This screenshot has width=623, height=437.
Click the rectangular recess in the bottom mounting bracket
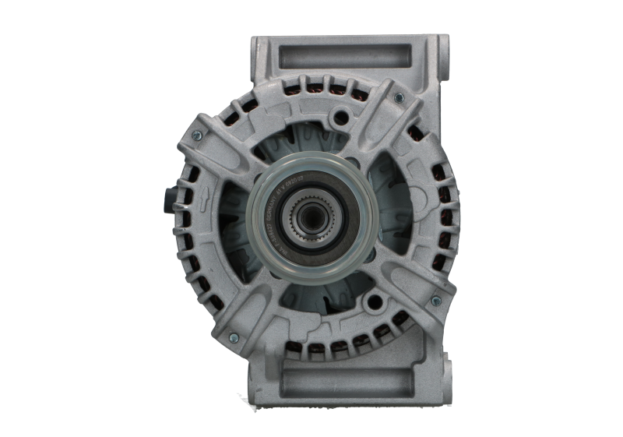343,381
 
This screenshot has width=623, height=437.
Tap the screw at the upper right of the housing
399,98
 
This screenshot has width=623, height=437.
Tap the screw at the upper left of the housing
195,135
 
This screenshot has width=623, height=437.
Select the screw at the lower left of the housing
233,338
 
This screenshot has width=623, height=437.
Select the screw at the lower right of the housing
435,301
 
